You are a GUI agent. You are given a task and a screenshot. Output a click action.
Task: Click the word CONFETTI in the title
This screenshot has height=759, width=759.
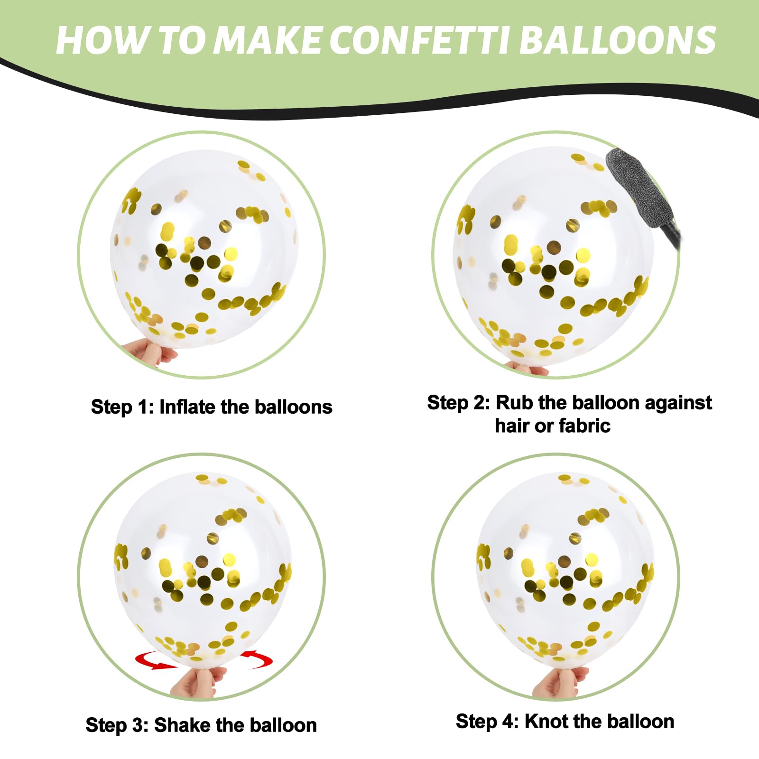(x=419, y=40)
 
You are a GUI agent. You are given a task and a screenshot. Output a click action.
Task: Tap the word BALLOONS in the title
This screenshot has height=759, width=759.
(x=618, y=40)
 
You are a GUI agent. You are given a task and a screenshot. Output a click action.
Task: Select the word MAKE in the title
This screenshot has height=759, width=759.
(x=267, y=40)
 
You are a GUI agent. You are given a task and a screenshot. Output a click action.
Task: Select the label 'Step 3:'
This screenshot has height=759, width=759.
(x=117, y=725)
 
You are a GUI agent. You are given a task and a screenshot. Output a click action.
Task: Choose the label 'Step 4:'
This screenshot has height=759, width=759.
(x=488, y=722)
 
